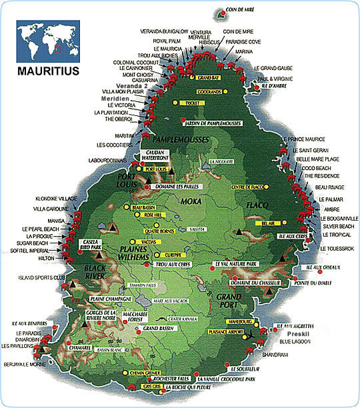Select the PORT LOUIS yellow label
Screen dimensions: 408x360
(155, 169)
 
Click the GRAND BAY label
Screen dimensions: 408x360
(208, 78)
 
